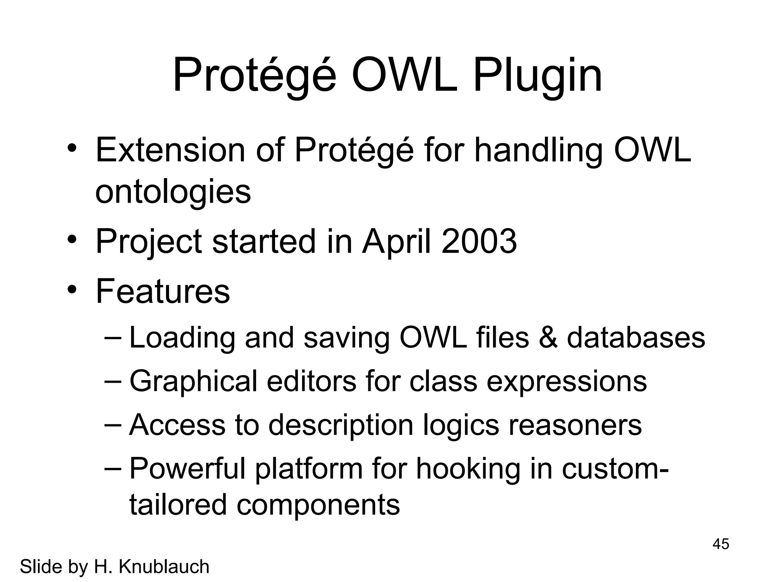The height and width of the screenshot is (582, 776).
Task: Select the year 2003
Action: (479, 241)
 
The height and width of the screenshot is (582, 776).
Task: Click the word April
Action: (396, 241)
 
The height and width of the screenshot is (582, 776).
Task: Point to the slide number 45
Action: (721, 544)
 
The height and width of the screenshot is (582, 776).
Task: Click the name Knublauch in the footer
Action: (164, 567)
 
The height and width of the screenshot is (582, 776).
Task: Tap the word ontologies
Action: (173, 191)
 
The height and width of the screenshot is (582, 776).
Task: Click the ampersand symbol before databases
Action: (548, 337)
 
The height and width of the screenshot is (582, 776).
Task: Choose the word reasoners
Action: (575, 425)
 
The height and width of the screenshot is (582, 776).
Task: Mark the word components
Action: (318, 505)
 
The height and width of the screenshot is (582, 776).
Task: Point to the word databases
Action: (636, 337)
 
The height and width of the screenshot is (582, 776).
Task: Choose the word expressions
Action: (566, 381)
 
